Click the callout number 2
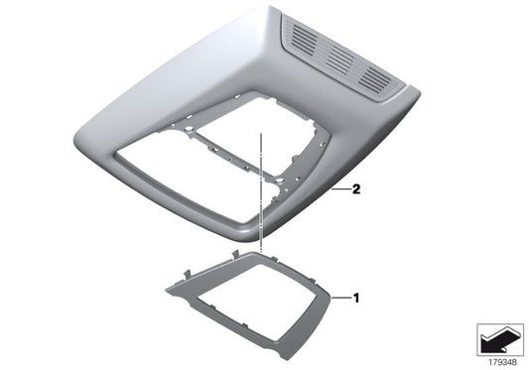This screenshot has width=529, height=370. pyautogui.click(x=356, y=187)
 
